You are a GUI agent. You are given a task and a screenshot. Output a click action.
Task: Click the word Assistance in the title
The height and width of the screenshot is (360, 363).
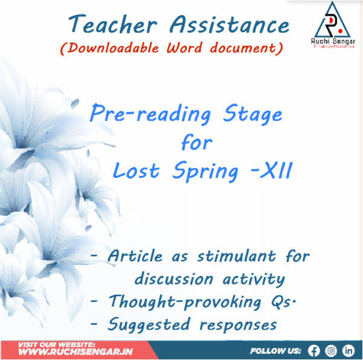(x=230, y=25)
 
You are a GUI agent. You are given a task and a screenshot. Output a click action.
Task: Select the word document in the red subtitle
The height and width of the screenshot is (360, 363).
(x=247, y=49)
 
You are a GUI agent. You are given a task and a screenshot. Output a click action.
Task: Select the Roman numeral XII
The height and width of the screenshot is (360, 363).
(x=276, y=171)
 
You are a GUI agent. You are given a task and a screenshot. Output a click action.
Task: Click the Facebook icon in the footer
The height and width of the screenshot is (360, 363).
(x=313, y=350)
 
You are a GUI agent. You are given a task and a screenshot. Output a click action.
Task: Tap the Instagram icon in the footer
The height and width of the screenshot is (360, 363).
(x=331, y=350)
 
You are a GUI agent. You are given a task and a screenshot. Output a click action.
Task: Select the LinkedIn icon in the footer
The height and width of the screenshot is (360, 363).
(x=348, y=350)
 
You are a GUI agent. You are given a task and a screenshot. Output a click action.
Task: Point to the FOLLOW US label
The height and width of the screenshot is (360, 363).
(x=276, y=350)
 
